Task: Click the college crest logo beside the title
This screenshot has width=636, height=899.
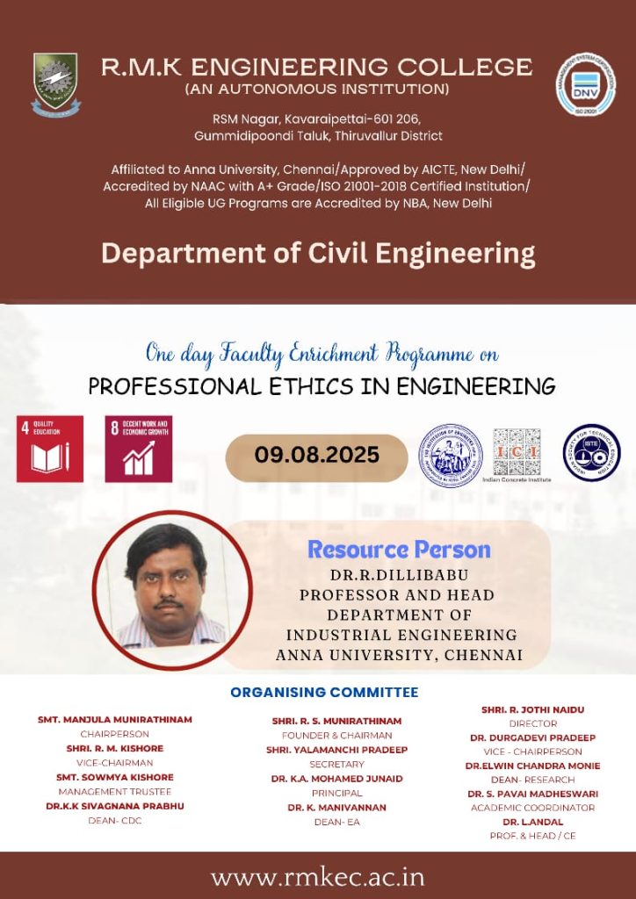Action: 55,84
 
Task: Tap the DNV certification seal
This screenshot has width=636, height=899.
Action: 585,85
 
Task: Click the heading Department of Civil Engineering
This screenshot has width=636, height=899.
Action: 318,254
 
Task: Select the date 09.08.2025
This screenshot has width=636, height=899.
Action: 317,455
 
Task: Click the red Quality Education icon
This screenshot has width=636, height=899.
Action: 50,449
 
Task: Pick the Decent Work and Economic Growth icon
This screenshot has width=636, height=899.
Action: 138,449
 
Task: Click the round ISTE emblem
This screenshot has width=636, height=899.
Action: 591,453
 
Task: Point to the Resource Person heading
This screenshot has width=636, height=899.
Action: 399,550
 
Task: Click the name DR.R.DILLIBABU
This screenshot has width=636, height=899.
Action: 398,577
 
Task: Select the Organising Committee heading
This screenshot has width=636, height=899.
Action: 324,693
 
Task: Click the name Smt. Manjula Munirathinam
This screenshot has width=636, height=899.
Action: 115,720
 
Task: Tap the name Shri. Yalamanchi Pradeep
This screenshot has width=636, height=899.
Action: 336,750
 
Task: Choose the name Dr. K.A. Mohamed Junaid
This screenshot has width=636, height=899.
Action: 336,779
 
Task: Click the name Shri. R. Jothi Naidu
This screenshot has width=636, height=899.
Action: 532,709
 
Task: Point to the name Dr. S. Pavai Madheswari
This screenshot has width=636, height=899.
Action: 532,794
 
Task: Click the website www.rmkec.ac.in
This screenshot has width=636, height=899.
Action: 318,877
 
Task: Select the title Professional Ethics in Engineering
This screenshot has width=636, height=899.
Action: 322,386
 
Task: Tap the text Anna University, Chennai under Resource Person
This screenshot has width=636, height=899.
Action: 399,655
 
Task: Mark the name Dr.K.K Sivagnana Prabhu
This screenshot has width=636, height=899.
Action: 115,806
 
